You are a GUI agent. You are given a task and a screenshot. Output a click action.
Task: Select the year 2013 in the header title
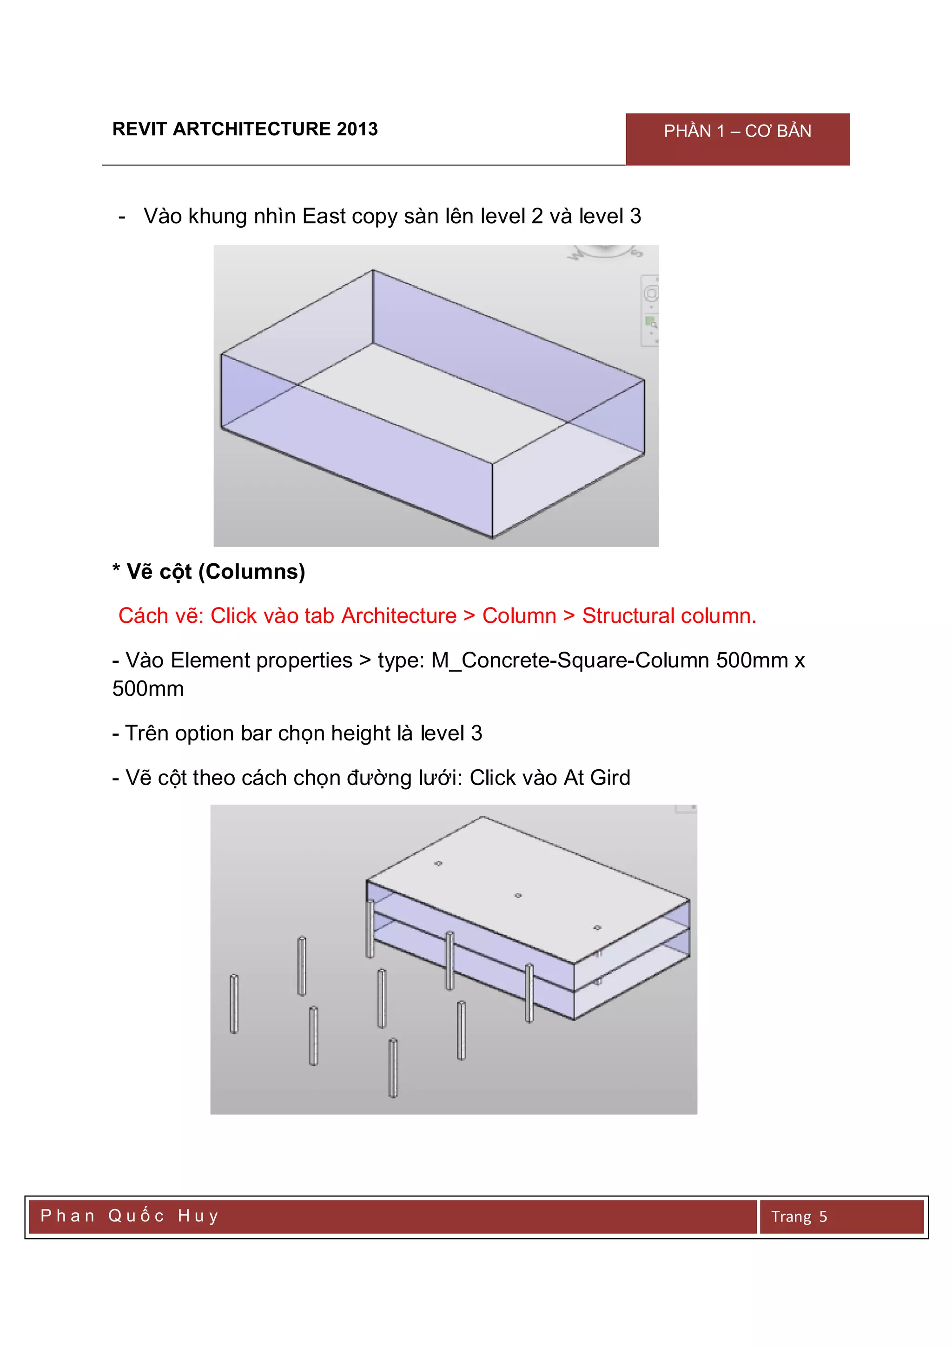coord(357,129)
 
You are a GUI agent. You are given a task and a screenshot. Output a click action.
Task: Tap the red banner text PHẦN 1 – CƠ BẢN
coord(737,132)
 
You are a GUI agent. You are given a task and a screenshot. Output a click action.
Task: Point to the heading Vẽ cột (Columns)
coord(209,571)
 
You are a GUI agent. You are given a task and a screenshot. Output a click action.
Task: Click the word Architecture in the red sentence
coord(398,615)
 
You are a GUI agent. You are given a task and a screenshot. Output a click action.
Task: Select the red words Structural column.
coord(669,615)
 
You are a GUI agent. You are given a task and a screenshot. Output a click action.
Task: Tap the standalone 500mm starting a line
coord(148,689)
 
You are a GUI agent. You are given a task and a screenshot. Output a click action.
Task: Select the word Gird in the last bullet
coord(610,778)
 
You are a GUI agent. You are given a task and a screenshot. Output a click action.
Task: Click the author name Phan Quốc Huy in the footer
coord(129,1215)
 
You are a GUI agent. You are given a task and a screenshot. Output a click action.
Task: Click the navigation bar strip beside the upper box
coord(650,310)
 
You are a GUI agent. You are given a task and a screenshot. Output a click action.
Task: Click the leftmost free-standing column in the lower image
coord(233,1003)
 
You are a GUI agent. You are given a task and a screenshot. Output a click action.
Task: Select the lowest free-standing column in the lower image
coord(393,1068)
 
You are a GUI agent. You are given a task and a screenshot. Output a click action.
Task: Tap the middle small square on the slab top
coord(518,896)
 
